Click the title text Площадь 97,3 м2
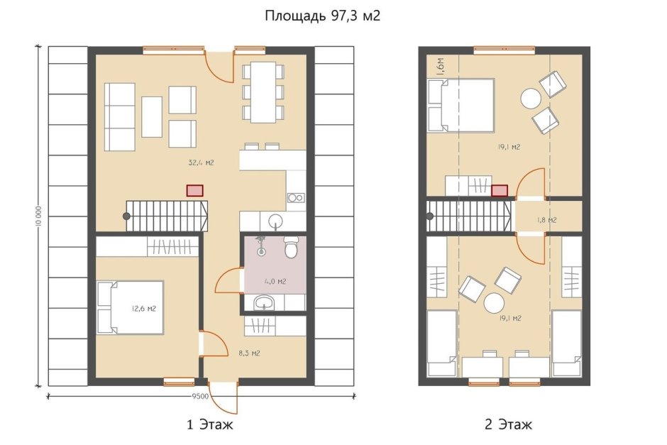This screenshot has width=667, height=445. (323, 16)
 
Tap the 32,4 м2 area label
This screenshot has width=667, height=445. (201, 163)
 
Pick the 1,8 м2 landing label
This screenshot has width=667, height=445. (546, 220)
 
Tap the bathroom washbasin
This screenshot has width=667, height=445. (265, 304)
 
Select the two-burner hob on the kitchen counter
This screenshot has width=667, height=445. (295, 198)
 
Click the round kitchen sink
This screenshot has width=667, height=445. (275, 219)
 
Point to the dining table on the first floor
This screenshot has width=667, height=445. (263, 92)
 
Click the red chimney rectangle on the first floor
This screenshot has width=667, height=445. (194, 190)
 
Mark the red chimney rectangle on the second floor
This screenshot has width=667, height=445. (500, 189)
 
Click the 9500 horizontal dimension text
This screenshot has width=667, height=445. (200, 396)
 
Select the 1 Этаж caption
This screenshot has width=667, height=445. (209, 425)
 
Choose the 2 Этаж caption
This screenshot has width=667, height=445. (507, 425)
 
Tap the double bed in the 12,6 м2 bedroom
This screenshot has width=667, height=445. (131, 307)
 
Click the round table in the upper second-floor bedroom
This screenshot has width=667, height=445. (531, 98)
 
